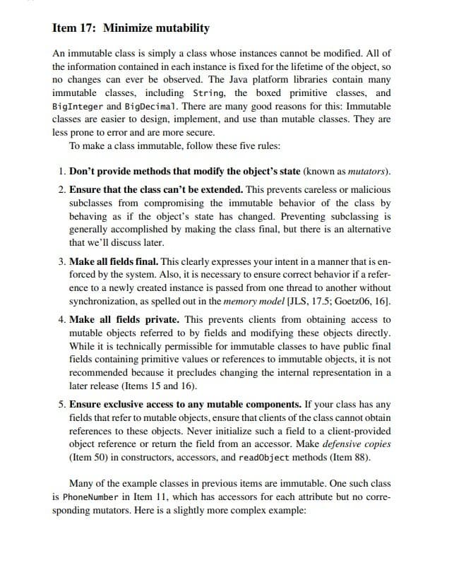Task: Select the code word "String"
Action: tap(209, 93)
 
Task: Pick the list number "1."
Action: tap(64, 171)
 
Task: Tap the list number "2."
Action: tap(64, 189)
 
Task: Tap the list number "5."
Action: tap(64, 405)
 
